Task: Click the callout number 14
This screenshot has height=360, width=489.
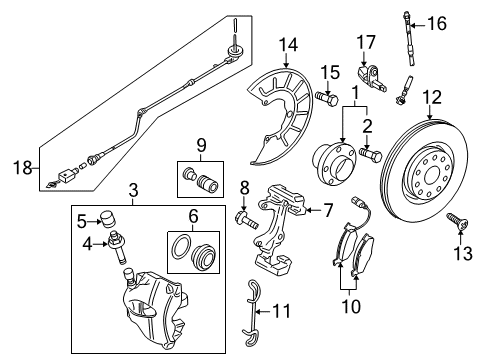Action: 289,45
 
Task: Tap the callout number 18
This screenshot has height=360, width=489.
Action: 23,167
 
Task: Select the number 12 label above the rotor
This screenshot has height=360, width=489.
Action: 432,97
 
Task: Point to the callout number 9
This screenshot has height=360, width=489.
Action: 201,146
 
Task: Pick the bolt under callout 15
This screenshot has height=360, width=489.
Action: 327,98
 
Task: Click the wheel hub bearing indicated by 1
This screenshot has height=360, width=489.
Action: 333,163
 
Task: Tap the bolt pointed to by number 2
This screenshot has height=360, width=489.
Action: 371,155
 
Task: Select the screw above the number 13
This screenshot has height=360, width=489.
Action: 458,222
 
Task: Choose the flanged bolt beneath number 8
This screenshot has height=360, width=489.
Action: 247,220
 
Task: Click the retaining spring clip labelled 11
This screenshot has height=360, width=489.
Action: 252,308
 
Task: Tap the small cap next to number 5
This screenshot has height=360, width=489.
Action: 108,219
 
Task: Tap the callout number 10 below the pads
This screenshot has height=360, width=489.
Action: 351,305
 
